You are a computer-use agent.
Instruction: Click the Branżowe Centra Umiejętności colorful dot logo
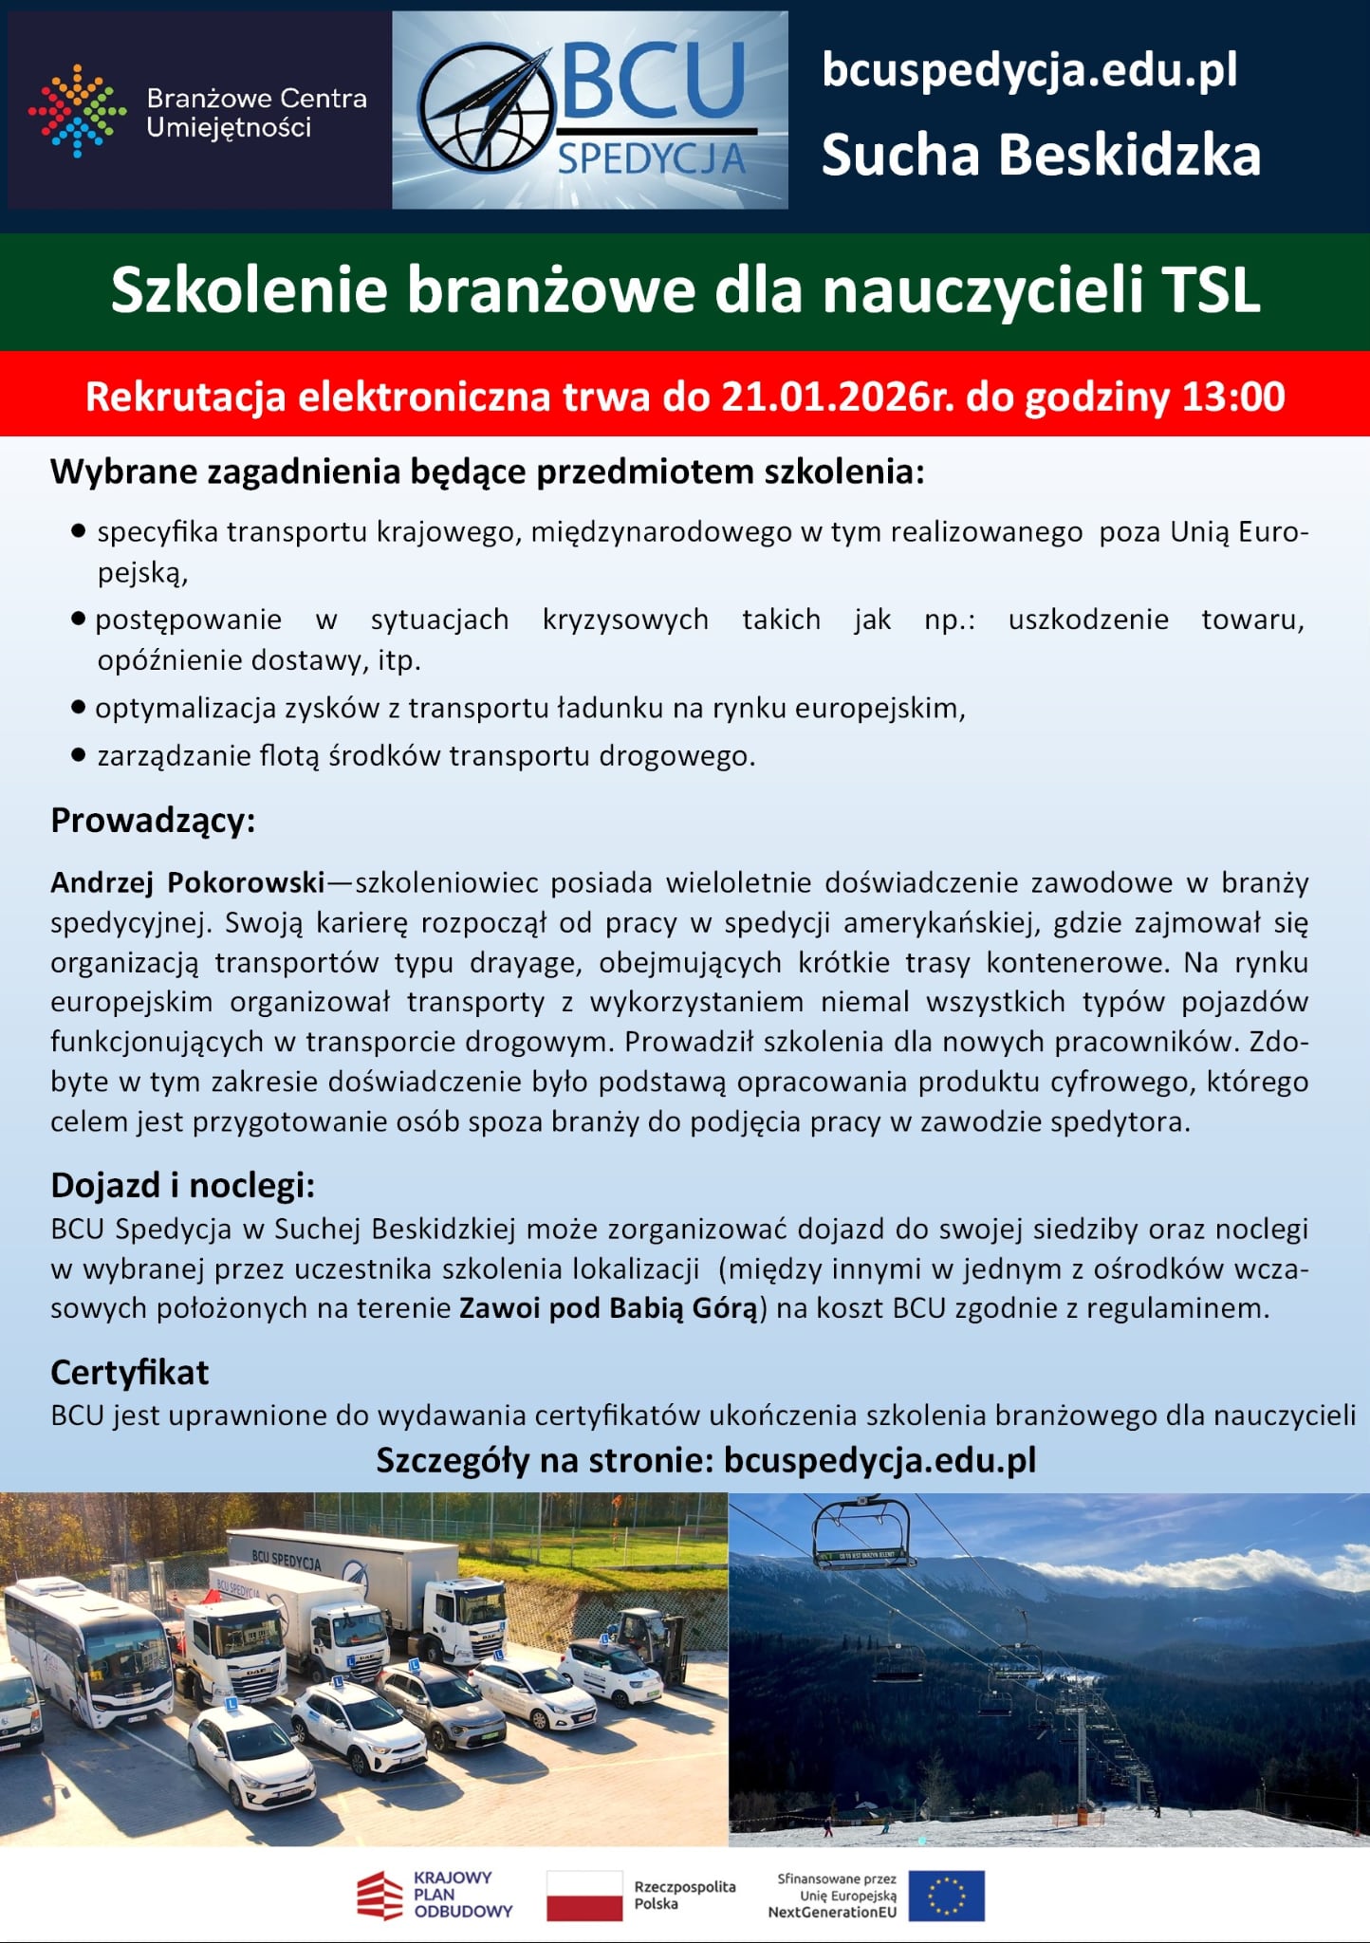[x=77, y=111]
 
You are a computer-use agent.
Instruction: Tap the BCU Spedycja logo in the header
[x=589, y=110]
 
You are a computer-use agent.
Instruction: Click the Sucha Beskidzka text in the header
[x=1041, y=155]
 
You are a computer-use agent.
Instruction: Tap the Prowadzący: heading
[x=153, y=821]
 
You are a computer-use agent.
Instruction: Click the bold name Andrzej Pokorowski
[x=187, y=882]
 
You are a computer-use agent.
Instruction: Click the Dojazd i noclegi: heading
[x=182, y=1185]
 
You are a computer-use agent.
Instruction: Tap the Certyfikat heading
[x=129, y=1372]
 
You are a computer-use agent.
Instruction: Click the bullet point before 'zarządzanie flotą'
[x=79, y=756]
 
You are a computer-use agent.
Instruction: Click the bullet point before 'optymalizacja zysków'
[x=79, y=708]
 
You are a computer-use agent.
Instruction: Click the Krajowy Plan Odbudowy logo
[x=435, y=1895]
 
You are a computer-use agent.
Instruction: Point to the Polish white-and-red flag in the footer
[x=583, y=1896]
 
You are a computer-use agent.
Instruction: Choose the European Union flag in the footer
[x=946, y=1896]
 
